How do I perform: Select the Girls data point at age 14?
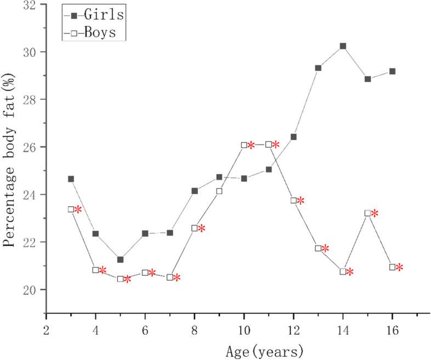coord(343,46)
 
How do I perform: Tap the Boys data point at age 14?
coord(343,272)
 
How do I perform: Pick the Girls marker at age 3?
coord(71,179)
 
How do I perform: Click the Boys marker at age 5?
coord(120,279)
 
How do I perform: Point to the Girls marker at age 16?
coord(392,71)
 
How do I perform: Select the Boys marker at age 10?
coord(244,145)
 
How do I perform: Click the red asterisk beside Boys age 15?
coord(375,214)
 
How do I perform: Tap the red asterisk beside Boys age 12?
coord(300,201)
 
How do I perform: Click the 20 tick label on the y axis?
coord(31,290)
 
